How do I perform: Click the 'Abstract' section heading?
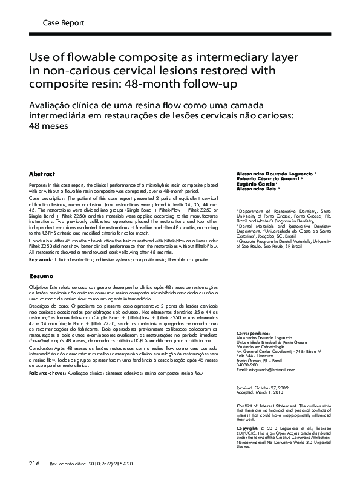pyautogui.click(x=42, y=173)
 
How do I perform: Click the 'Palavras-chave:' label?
pyautogui.click(x=46, y=374)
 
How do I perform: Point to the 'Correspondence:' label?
pyautogui.click(x=253, y=332)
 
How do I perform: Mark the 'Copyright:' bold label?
pyautogui.click(x=247, y=427)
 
